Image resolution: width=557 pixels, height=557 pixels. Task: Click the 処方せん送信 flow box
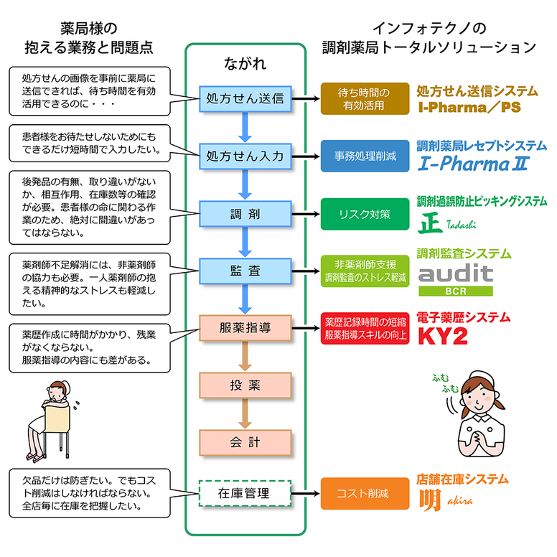coord(244,98)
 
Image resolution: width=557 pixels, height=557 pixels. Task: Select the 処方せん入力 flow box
coord(244,154)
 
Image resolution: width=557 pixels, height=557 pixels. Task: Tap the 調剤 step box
coord(244,214)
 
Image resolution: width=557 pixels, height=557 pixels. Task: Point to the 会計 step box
coord(244,441)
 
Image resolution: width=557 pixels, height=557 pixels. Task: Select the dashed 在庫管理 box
coord(244,493)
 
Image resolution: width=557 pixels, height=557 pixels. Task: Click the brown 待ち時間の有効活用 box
coord(364,98)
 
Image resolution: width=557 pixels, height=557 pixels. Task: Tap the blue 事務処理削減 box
coord(364,154)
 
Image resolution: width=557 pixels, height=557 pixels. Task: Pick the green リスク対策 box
coord(364,214)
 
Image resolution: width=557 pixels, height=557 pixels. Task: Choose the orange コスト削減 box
coord(364,493)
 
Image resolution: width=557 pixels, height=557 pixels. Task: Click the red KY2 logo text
coord(444,335)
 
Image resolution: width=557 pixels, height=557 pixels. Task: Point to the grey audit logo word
coord(456,273)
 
